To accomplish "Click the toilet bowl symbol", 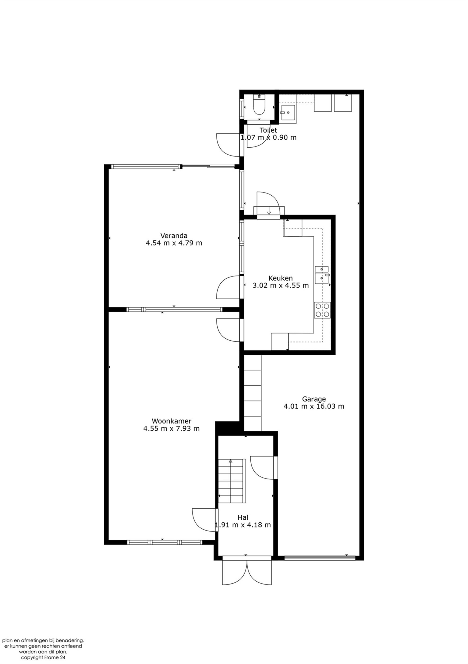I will tap(259, 106).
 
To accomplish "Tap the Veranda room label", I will tap(174, 236).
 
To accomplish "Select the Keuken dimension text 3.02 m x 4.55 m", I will tap(280, 285).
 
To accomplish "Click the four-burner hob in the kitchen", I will tap(322, 310).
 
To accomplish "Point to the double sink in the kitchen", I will tap(322, 274).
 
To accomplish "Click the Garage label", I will tap(314, 399).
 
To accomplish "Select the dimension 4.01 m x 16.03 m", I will tap(314, 406).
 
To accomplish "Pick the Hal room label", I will tap(243, 517).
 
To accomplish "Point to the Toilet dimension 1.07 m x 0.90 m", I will tap(268, 137).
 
